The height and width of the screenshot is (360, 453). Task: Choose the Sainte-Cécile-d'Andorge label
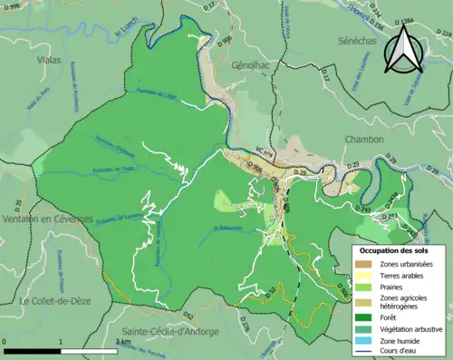[169, 333]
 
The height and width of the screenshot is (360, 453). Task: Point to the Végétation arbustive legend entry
[405, 328]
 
